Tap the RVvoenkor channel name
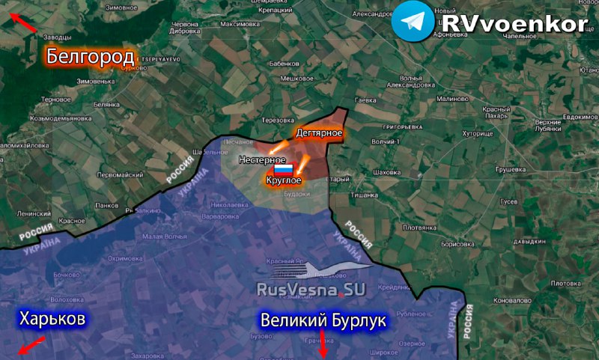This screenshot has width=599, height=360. click(514, 24)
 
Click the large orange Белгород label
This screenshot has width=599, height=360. click(91, 57)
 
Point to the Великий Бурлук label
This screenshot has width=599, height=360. click(323, 320)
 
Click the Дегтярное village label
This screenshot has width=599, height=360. click(319, 133)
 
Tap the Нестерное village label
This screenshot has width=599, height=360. click(261, 159)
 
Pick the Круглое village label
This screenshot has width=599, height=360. click(285, 180)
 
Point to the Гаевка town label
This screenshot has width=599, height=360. click(365, 100)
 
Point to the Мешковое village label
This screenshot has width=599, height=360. click(297, 78)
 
